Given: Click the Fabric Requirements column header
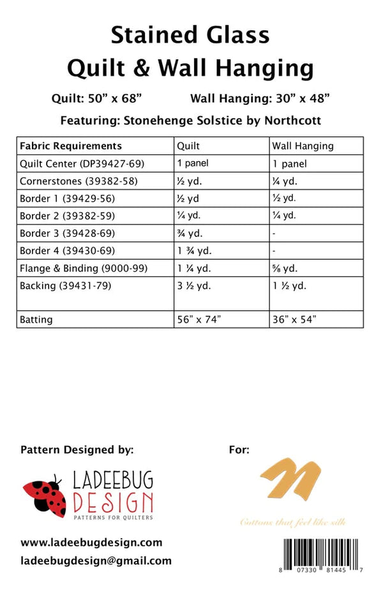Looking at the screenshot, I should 71,146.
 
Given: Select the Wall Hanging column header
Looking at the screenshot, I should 303,146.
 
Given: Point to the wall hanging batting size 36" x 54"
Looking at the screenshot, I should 294,320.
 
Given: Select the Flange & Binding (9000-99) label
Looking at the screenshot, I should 84,268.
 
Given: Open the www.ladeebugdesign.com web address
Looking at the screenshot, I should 91,542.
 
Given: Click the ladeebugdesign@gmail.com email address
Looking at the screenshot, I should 96,561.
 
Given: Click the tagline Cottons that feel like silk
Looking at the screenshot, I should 293,522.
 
